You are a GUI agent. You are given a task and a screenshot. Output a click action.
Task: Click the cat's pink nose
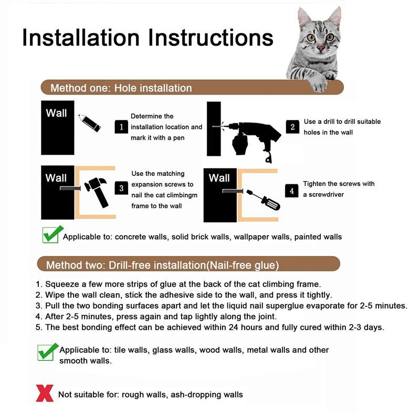click(321, 48)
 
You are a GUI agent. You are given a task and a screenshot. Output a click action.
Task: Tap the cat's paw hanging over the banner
click(318, 83)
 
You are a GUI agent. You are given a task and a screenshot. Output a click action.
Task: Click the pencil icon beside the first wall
click(89, 123)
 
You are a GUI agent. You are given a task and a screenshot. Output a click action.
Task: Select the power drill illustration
click(251, 140)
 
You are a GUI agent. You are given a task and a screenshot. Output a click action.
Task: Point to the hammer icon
click(96, 192)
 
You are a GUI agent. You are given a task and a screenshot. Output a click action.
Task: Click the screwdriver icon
click(263, 200)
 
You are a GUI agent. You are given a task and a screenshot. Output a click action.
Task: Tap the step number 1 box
click(121, 127)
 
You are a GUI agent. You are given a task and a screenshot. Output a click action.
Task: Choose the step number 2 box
click(292, 127)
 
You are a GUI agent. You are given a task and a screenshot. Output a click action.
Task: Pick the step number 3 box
click(121, 188)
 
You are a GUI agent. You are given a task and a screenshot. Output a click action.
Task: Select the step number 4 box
click(292, 191)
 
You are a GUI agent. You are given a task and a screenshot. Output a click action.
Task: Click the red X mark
click(45, 393)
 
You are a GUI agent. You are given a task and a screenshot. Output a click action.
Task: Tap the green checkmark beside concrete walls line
click(52, 234)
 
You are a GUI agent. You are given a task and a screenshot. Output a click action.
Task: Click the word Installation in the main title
click(81, 37)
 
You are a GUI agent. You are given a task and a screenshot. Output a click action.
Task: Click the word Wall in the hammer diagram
click(56, 178)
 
